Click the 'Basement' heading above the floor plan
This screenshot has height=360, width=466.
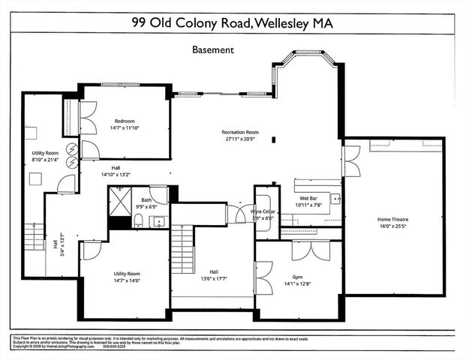point(214,49)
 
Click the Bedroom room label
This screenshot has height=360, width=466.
point(125,121)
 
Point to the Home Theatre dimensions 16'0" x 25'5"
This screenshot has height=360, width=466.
point(398,226)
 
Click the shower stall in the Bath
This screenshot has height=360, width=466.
point(119,199)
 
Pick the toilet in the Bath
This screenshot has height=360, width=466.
point(139,220)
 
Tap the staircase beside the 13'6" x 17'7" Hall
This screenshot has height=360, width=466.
point(182,251)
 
